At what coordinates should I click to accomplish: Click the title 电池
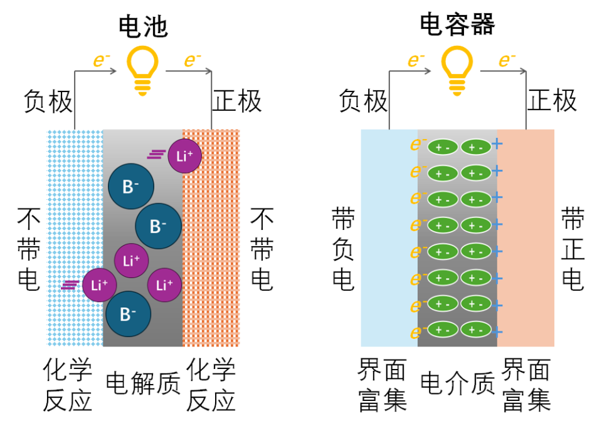point(143,27)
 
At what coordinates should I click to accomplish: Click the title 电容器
point(457,24)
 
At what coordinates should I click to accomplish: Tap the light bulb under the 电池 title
point(142,71)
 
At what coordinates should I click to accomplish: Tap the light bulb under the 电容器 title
point(457,71)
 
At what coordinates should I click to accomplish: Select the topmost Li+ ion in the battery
point(184,156)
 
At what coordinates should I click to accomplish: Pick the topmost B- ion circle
point(131,186)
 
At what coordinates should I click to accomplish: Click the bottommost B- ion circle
point(128,314)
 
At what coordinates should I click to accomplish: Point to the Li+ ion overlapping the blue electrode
point(100,285)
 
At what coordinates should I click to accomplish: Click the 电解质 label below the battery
point(143,383)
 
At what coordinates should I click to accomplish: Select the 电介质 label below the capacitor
point(458,383)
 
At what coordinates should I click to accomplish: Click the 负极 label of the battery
point(48,101)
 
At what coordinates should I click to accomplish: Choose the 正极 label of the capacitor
point(552,100)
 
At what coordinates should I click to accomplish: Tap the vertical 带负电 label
point(343,249)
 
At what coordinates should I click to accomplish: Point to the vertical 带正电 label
point(573,249)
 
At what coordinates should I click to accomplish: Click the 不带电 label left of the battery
point(29,249)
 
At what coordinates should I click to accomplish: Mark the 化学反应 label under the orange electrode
point(211,385)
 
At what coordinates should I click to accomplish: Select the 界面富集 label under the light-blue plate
point(382,385)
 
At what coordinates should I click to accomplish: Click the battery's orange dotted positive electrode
point(211,238)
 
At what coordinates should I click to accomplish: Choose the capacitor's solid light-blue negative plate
point(389,238)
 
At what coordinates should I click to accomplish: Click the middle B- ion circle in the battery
point(158,226)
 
